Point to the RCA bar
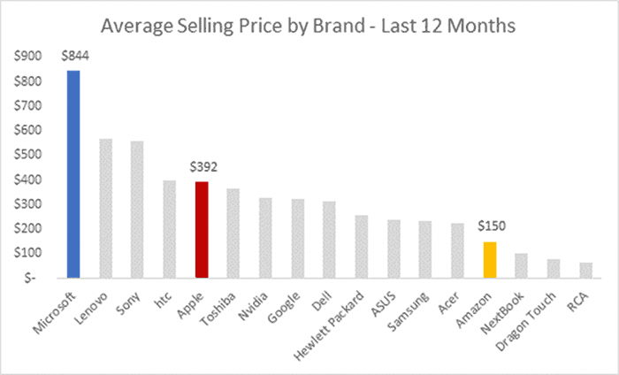coord(586,269)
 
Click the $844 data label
coord(74,56)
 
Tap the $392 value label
coord(203,165)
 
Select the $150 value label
coord(491,226)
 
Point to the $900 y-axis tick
coord(28,57)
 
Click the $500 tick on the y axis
coord(28,155)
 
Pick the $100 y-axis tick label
coord(28,252)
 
